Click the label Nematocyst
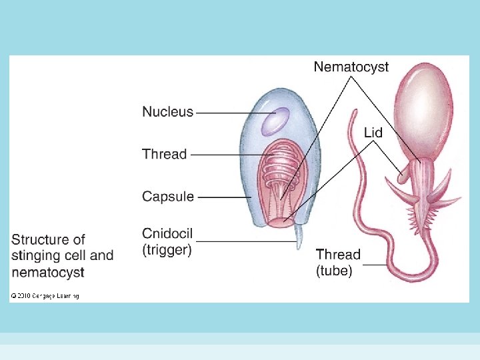(351, 67)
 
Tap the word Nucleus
(167, 112)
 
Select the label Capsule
(168, 197)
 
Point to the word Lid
(373, 133)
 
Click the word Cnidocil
(168, 233)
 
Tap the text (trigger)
(167, 250)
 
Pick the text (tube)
(334, 271)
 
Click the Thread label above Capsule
(164, 154)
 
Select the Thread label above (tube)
(338, 255)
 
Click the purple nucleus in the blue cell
(274, 121)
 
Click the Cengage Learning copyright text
(45, 295)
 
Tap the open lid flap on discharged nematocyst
(402, 175)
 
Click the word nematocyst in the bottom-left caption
(47, 272)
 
